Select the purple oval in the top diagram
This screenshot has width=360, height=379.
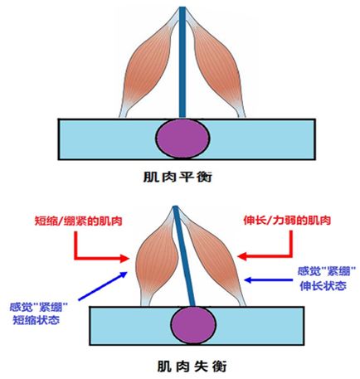click(x=180, y=137)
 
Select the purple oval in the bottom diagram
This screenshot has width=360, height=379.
click(x=180, y=323)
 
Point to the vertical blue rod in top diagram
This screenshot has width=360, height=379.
click(x=180, y=66)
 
